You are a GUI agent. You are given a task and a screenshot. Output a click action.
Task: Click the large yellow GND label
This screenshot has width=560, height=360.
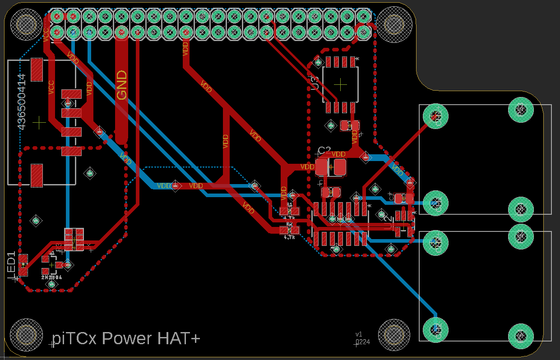(x=122, y=85)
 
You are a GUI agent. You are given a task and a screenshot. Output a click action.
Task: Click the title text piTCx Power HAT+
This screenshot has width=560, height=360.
(x=125, y=338)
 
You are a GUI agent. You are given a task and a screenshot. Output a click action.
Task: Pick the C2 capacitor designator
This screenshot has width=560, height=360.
(x=324, y=150)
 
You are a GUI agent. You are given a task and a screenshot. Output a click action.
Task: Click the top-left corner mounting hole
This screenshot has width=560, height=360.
(x=27, y=24)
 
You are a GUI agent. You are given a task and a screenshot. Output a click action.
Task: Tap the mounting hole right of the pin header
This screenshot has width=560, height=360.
(x=393, y=24)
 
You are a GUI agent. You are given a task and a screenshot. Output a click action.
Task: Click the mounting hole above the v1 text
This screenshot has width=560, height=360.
(x=393, y=335)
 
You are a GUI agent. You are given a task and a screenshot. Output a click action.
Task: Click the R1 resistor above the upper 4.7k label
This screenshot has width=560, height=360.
(x=289, y=211)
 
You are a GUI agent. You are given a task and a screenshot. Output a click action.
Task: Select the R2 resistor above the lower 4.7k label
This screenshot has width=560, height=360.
(x=289, y=230)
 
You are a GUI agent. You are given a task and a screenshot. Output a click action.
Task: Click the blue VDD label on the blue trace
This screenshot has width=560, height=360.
(x=164, y=185)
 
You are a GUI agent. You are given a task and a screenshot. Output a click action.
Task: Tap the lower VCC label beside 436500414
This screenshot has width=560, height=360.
(x=51, y=88)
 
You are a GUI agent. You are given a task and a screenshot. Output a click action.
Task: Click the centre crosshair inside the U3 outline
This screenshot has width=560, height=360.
(x=341, y=84)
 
